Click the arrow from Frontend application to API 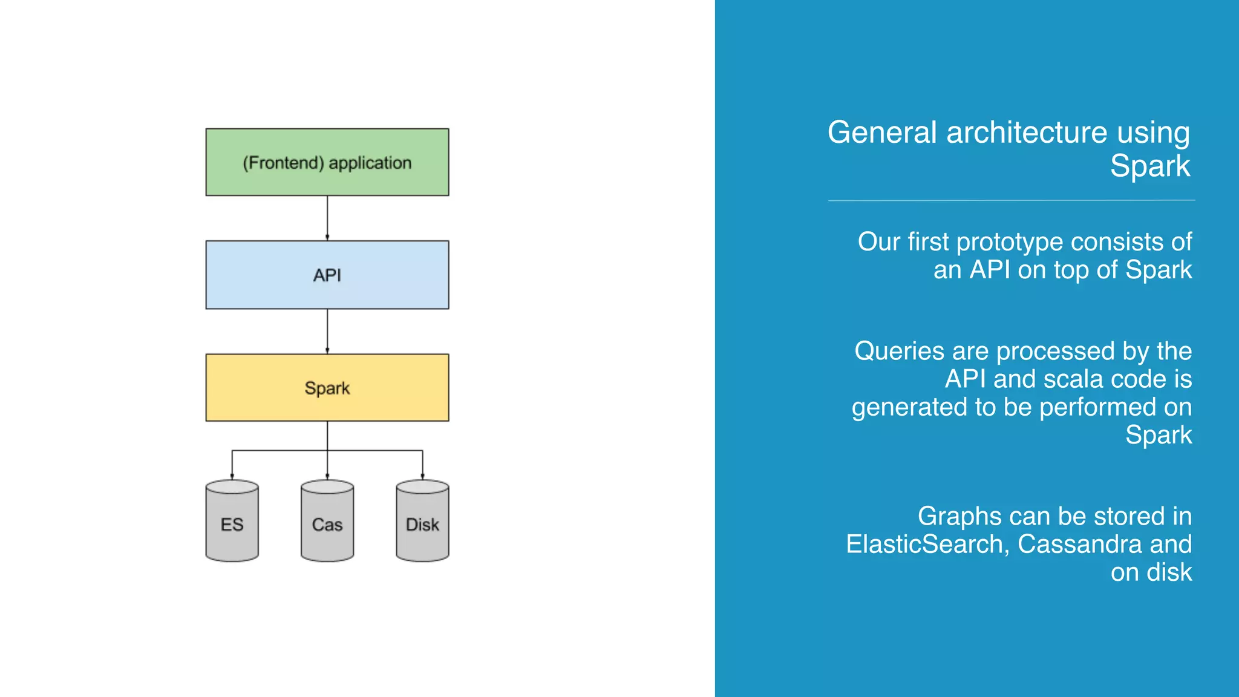(x=327, y=218)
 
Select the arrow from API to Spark (x=327, y=331)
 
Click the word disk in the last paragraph (x=1169, y=572)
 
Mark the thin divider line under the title (x=1012, y=200)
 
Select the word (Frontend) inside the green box (x=283, y=163)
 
